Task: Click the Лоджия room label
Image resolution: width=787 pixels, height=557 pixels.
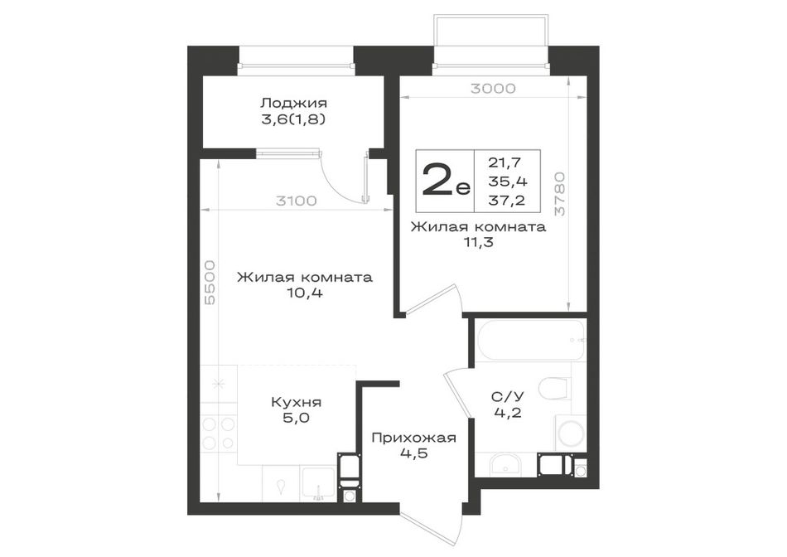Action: pyautogui.click(x=293, y=104)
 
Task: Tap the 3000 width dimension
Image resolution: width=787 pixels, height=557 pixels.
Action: pyautogui.click(x=493, y=89)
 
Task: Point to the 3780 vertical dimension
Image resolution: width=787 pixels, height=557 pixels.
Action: pyautogui.click(x=560, y=195)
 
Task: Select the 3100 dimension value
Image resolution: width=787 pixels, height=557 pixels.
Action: pyautogui.click(x=297, y=201)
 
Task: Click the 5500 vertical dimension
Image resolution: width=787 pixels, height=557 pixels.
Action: pyautogui.click(x=210, y=283)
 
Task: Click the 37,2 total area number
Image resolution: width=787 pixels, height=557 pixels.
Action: pyautogui.click(x=506, y=201)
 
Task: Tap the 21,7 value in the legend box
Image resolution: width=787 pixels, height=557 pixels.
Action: pyautogui.click(x=505, y=162)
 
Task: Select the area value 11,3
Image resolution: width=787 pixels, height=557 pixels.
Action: pyautogui.click(x=478, y=243)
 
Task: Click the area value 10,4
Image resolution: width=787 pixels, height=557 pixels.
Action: pyautogui.click(x=305, y=293)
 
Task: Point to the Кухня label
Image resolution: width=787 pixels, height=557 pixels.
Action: pyautogui.click(x=296, y=402)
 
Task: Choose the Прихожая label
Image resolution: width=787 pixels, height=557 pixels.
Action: pyautogui.click(x=413, y=438)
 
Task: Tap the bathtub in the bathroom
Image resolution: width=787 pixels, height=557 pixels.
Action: pyautogui.click(x=530, y=340)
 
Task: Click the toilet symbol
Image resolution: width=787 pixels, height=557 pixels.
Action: pyautogui.click(x=552, y=388)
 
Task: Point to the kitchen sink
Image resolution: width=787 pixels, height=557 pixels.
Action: pyautogui.click(x=318, y=484)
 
